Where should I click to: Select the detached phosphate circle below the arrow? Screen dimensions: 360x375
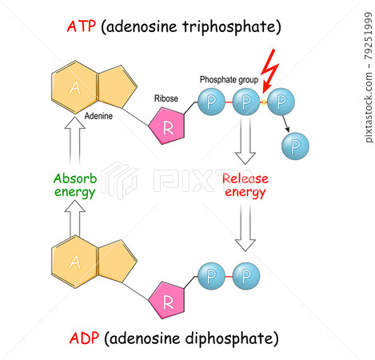[x=297, y=144]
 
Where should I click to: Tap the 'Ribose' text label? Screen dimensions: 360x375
[x=167, y=99]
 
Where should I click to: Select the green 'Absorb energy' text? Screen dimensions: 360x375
[x=74, y=186]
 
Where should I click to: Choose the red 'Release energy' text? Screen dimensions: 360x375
[x=245, y=185]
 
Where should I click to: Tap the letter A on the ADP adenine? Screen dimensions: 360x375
[x=74, y=261]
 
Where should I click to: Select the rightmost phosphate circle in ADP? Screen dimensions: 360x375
[x=247, y=277]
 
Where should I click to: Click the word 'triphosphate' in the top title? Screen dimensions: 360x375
[x=232, y=27]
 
